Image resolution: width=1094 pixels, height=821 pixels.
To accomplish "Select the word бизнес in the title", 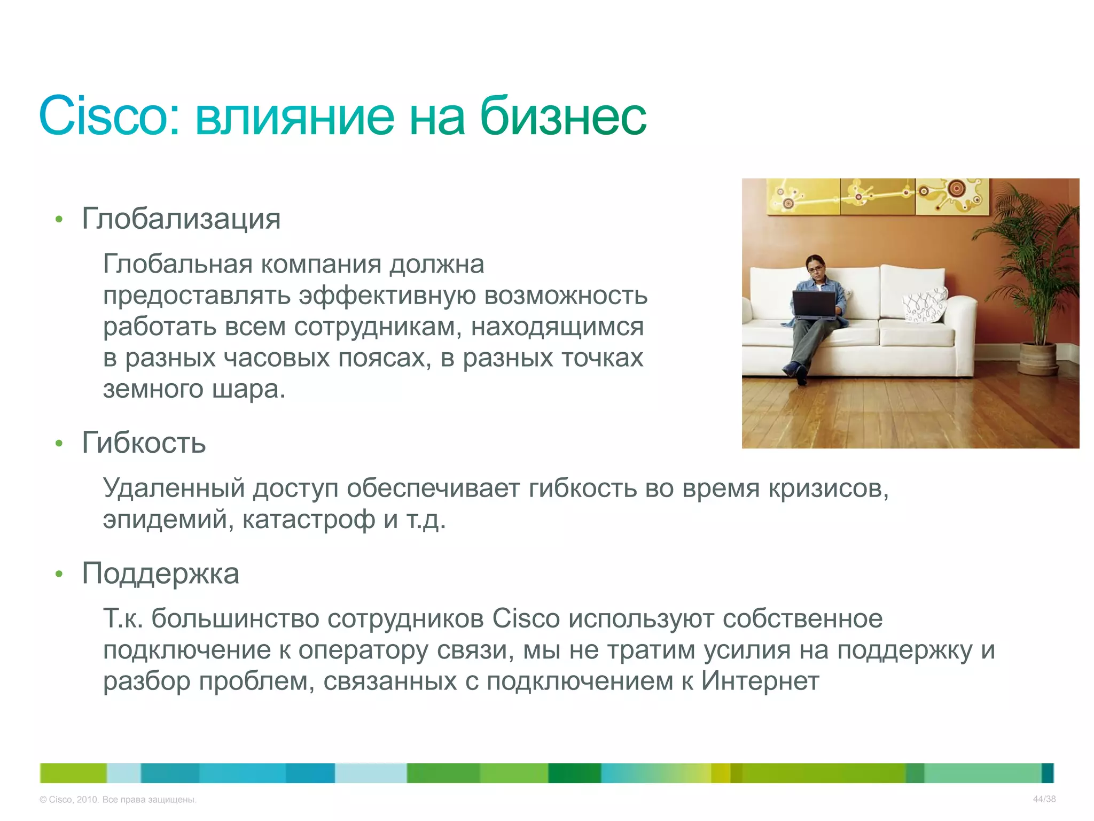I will [x=563, y=116].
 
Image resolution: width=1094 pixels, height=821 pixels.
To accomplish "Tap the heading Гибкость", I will [x=144, y=443].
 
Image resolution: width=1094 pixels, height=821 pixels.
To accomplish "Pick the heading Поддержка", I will [x=160, y=573].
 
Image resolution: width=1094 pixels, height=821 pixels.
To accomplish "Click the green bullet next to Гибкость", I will [x=59, y=443].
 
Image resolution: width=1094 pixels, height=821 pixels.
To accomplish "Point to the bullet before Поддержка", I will [x=59, y=574].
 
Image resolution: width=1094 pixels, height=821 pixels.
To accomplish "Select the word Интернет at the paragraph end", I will [x=760, y=681].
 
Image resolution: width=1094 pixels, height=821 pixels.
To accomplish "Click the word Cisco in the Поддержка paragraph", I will [x=526, y=618].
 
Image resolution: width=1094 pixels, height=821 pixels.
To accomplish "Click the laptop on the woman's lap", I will [x=814, y=305].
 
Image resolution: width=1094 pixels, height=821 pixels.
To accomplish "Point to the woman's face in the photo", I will [x=816, y=267].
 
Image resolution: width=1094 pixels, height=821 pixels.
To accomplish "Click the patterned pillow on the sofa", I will [x=926, y=306].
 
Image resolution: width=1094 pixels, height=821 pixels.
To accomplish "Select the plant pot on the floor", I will [x=1038, y=359].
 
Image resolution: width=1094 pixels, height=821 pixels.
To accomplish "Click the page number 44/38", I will [x=1044, y=799].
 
